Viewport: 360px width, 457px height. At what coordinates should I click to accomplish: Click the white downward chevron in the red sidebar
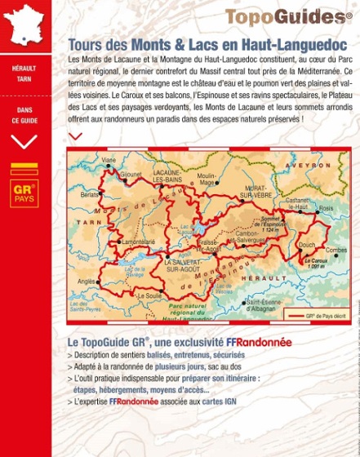24,141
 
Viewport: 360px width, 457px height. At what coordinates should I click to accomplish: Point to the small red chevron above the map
75,136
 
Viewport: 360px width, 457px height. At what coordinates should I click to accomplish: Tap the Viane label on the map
109,160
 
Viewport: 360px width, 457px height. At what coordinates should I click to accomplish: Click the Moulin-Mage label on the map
207,180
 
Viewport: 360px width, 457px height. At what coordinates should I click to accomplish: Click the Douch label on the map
307,244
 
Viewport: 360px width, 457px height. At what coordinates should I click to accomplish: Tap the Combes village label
336,251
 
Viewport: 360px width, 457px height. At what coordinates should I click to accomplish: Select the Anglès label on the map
86,282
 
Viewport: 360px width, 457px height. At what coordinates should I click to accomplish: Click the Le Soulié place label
149,295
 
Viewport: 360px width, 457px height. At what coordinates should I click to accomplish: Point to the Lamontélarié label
136,242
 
